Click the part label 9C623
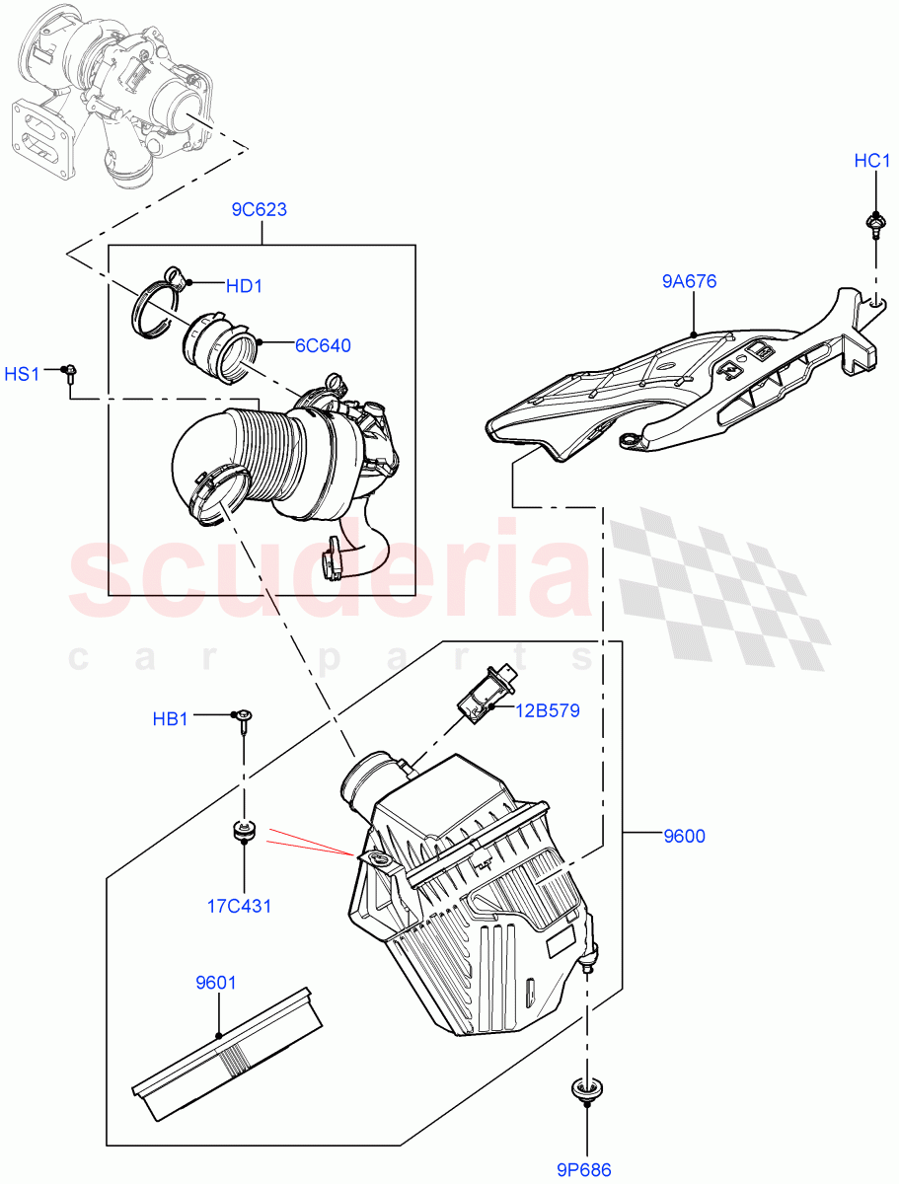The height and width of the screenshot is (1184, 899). tap(260, 209)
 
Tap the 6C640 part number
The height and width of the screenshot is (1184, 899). tap(323, 345)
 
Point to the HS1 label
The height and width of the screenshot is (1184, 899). tap(24, 374)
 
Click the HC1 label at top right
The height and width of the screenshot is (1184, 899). tap(872, 161)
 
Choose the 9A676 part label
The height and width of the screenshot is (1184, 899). tap(689, 281)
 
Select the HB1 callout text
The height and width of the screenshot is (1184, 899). tap(170, 719)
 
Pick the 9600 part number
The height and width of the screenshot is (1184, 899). tap(684, 837)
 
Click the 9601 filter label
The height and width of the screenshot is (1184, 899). tap(216, 983)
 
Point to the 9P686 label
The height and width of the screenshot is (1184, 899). tap(583, 1170)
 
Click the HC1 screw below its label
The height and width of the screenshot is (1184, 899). tap(873, 222)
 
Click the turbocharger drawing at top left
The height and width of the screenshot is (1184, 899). tap(113, 94)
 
